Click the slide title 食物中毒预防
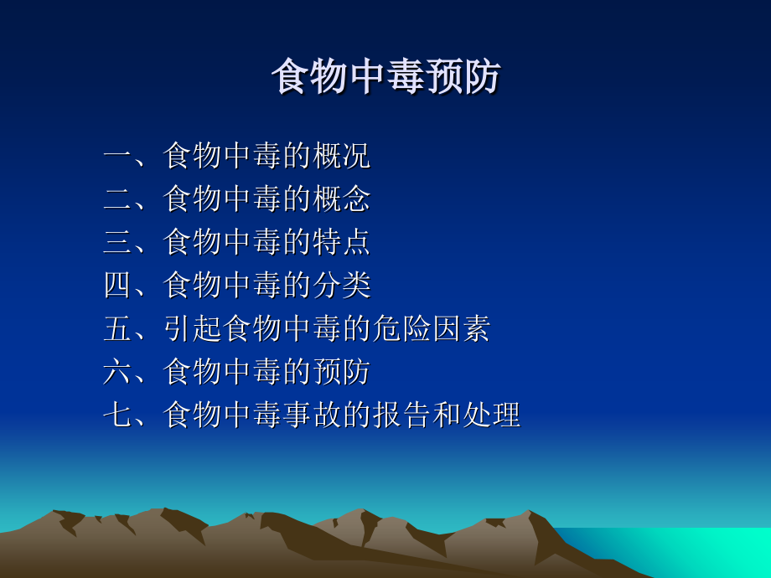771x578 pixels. pyautogui.click(x=385, y=77)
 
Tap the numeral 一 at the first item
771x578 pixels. pyautogui.click(x=117, y=156)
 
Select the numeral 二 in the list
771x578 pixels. pyautogui.click(x=117, y=199)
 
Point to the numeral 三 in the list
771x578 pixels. pyautogui.click(x=117, y=243)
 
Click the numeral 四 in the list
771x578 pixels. pyautogui.click(x=117, y=286)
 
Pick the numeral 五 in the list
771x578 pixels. pyautogui.click(x=117, y=329)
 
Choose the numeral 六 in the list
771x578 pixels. pyautogui.click(x=117, y=372)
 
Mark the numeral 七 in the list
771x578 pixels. pyautogui.click(x=117, y=415)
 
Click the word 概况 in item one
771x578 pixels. pyautogui.click(x=341, y=156)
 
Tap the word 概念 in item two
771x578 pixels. pyautogui.click(x=341, y=199)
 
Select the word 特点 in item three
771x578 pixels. pyautogui.click(x=341, y=243)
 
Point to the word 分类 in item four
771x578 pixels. pyautogui.click(x=341, y=286)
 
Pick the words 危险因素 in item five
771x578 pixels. pyautogui.click(x=431, y=329)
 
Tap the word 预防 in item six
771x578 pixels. pyautogui.click(x=341, y=372)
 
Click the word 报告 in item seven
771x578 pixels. pyautogui.click(x=401, y=415)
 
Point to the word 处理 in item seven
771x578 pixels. pyautogui.click(x=491, y=415)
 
